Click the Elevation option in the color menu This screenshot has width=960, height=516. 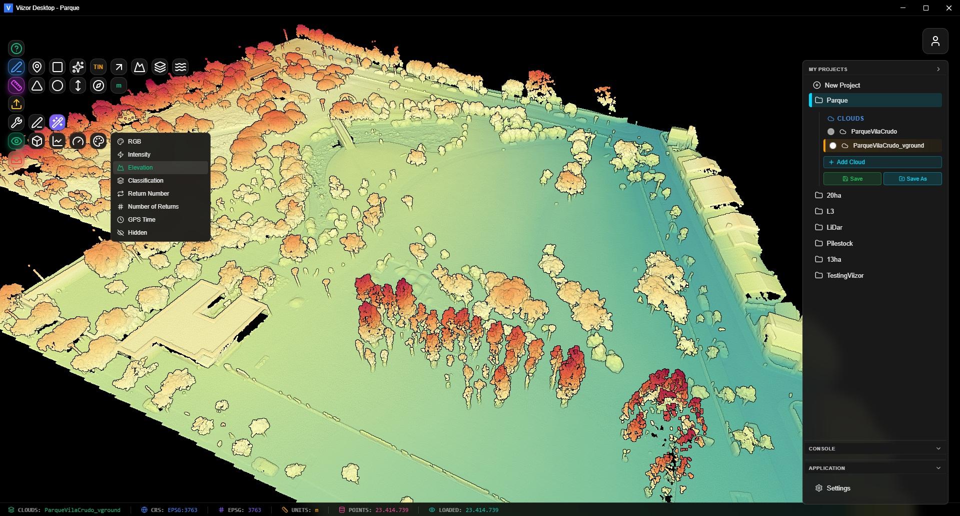[141, 168]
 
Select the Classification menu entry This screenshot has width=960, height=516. [146, 181]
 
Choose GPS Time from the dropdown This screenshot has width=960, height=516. [142, 220]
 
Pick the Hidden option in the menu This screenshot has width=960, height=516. [137, 233]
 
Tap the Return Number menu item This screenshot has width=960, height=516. [148, 194]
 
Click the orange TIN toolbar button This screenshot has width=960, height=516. [98, 67]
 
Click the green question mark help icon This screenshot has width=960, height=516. [17, 49]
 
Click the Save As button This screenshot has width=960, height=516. [912, 179]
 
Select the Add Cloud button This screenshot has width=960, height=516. [882, 162]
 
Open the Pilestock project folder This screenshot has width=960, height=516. [839, 243]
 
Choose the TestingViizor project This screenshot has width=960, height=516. [844, 275]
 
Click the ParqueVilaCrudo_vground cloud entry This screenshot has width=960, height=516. [888, 146]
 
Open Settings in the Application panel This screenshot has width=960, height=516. [838, 488]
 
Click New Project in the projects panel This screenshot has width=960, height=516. [842, 85]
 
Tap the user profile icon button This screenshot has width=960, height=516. [935, 41]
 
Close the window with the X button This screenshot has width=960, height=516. [948, 8]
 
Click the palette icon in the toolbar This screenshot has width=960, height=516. [99, 141]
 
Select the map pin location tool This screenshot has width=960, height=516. [37, 67]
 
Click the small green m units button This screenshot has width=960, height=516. [119, 86]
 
